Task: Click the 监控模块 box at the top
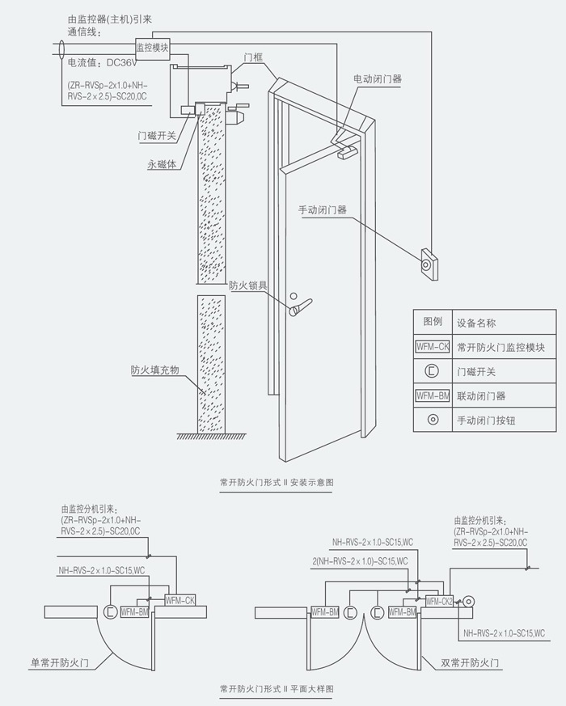click(152, 48)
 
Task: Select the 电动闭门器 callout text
click(377, 79)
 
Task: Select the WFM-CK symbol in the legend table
click(432, 348)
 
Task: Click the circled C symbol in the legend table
click(432, 372)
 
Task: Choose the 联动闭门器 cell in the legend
click(483, 396)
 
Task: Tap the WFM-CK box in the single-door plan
click(180, 599)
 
